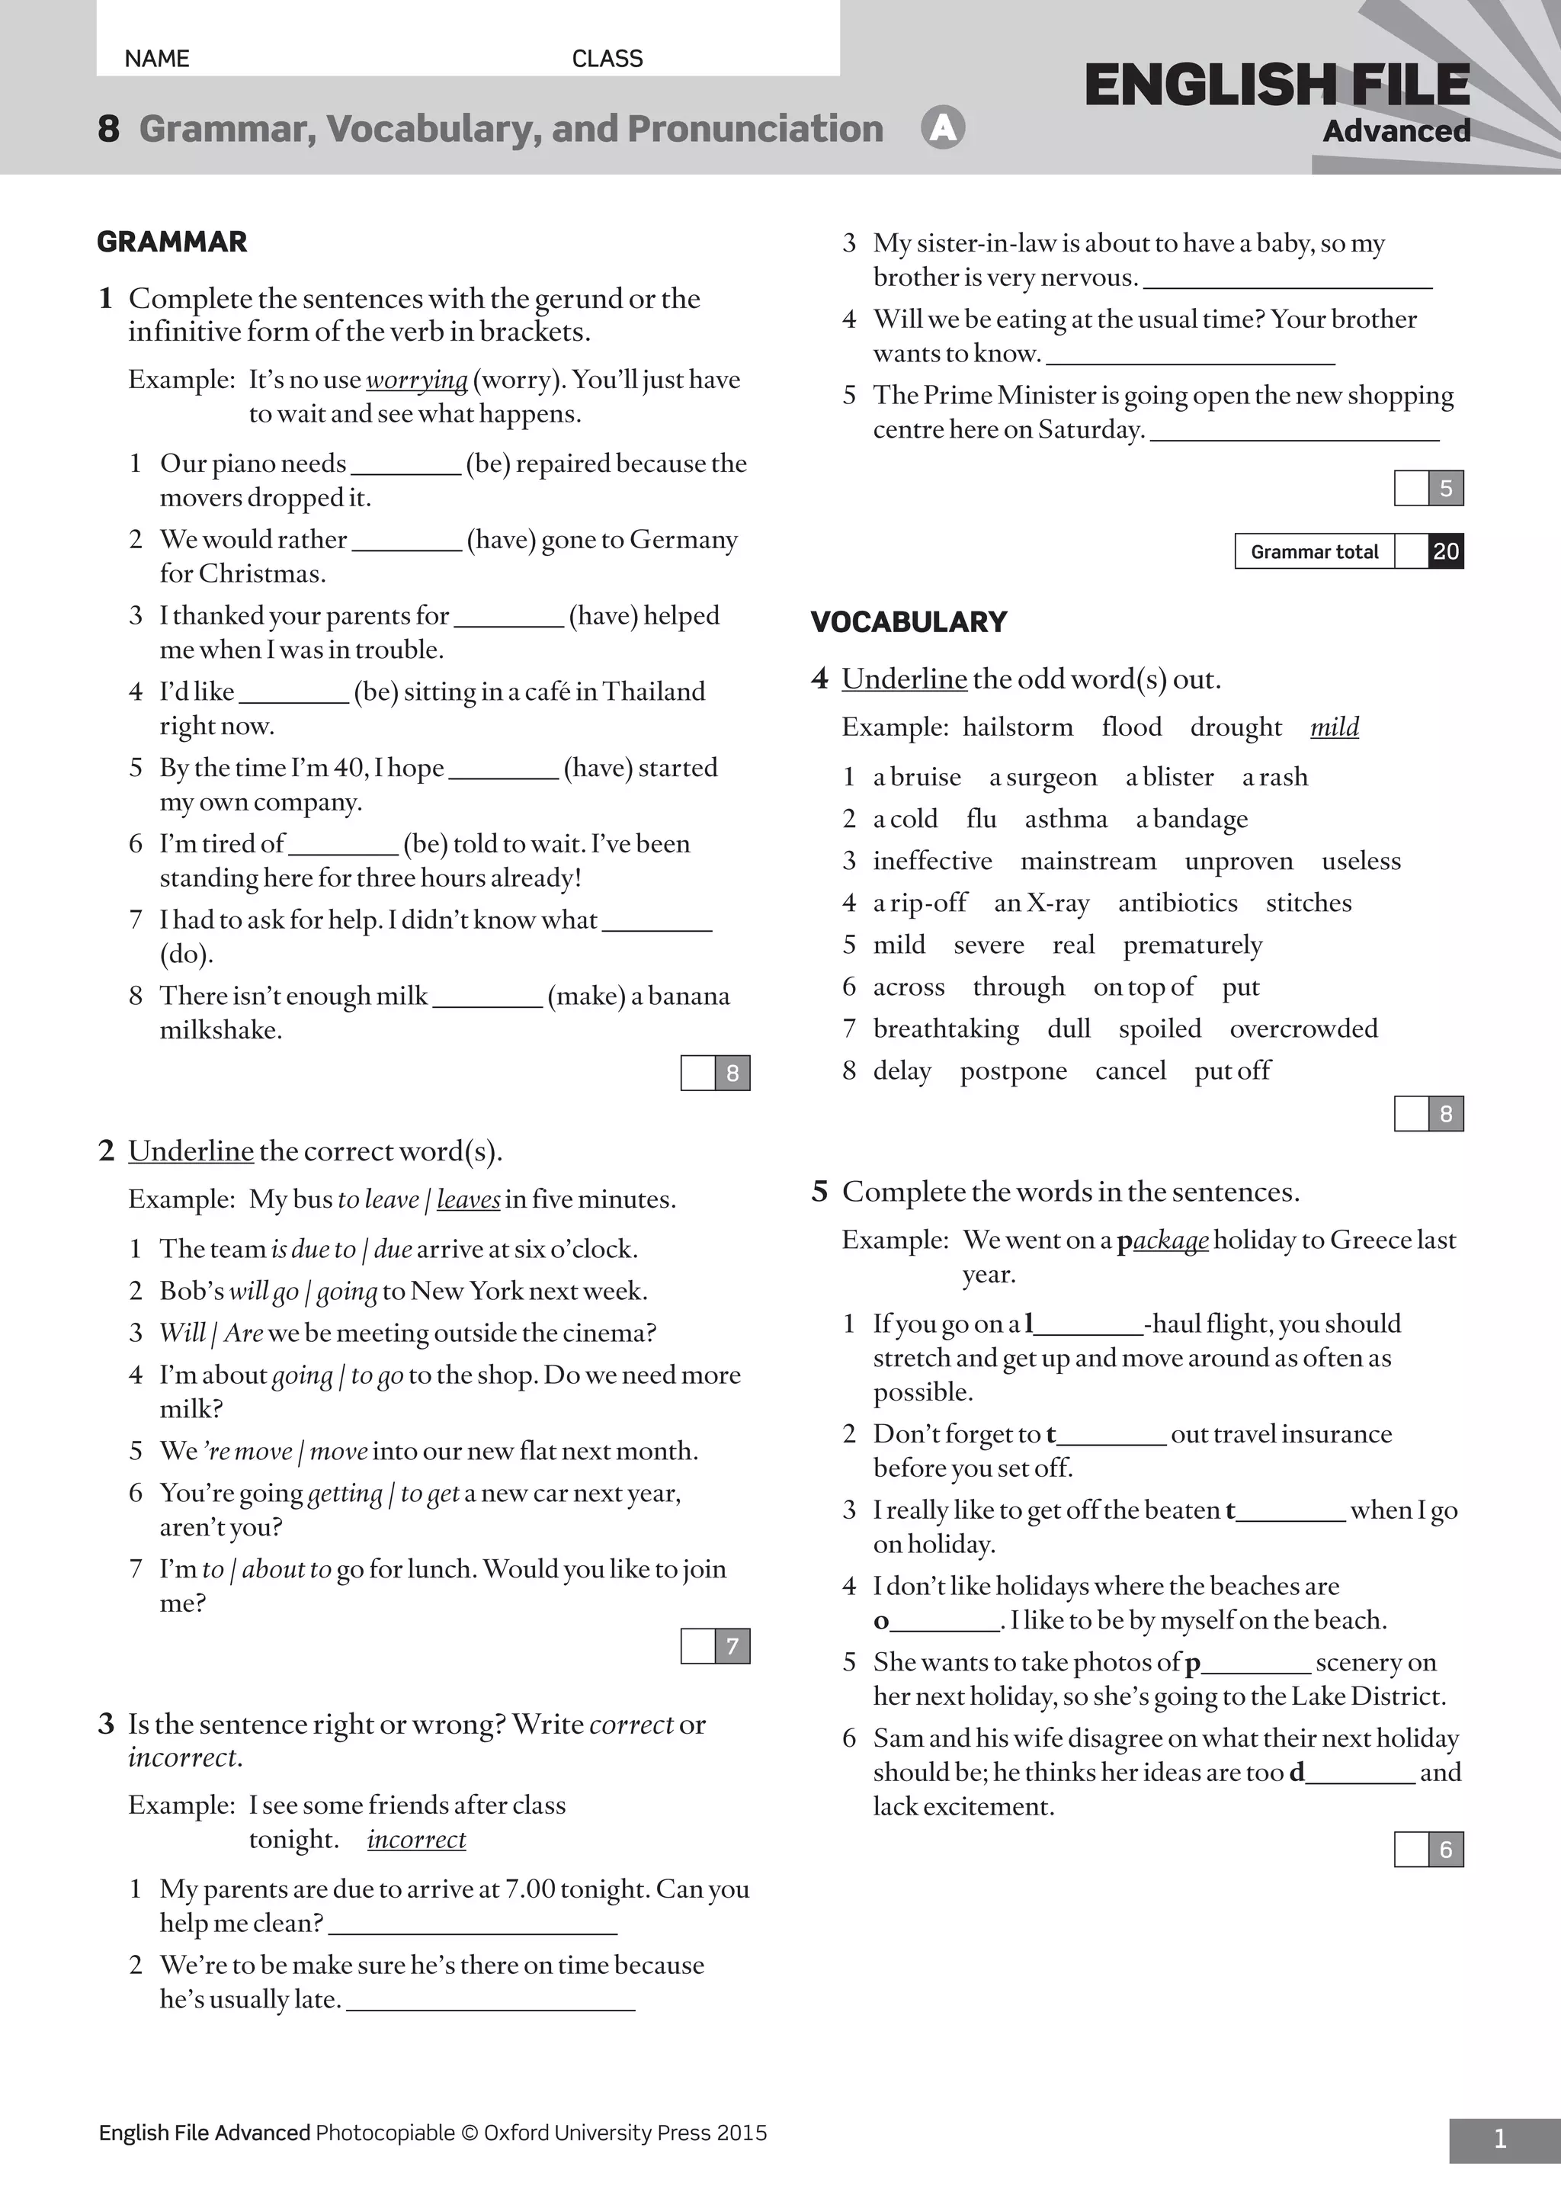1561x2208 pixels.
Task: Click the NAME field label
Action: pos(157,59)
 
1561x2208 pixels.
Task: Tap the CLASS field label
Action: pos(607,59)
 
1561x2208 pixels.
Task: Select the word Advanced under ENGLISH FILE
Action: pos(1396,131)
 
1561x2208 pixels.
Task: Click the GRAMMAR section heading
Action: pos(172,242)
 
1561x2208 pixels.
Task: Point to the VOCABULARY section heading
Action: pos(909,622)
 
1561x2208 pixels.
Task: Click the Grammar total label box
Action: pos(1314,552)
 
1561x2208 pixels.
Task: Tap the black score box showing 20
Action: pos(1446,552)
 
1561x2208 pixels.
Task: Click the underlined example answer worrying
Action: pos(416,380)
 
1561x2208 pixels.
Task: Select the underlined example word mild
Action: pos(1334,727)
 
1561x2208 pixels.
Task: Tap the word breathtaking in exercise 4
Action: pos(946,1029)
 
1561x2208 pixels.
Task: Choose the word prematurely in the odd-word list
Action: pos(1192,945)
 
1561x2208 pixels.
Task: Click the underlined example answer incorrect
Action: pos(416,1840)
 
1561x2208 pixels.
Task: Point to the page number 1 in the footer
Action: pos(1499,2139)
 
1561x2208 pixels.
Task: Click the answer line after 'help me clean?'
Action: pos(473,1925)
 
